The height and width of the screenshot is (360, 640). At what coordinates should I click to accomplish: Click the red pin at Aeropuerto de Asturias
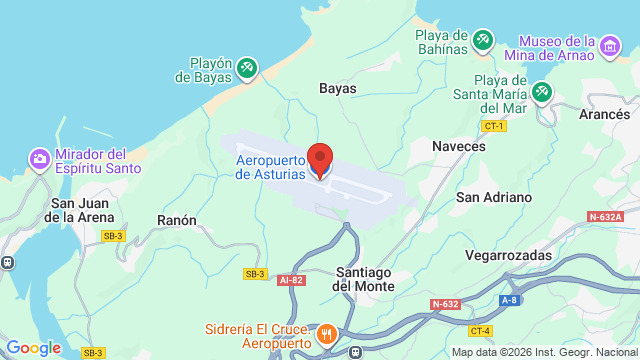[320, 159]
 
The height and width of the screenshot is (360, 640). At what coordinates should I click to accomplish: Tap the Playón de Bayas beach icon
[247, 68]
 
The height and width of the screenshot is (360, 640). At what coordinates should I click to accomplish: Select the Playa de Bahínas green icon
[484, 39]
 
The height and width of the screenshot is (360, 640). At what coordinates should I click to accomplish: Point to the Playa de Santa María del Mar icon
[541, 92]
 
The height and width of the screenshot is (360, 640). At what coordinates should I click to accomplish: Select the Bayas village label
[337, 89]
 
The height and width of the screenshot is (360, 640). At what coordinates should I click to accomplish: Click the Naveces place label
[459, 146]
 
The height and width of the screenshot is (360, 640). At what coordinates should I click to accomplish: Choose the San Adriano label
[494, 197]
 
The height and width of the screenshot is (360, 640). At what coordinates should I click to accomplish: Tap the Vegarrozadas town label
[508, 255]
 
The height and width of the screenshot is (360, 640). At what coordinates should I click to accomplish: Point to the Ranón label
[177, 220]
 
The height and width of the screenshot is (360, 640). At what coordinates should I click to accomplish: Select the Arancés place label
[604, 115]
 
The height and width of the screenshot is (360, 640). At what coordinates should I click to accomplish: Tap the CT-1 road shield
[494, 126]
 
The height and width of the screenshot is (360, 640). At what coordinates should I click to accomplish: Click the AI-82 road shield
[291, 280]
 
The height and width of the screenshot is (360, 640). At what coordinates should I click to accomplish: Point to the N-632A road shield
[606, 216]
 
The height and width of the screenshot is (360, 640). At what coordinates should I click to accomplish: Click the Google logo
[33, 347]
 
